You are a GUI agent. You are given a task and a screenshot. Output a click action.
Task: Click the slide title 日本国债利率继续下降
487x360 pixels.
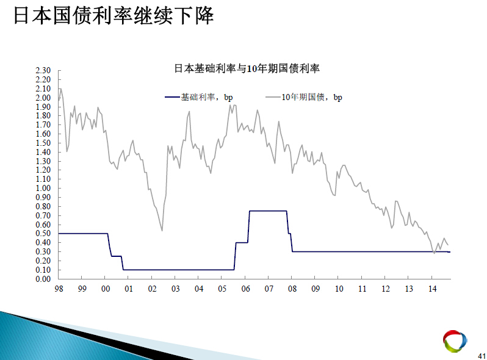point(114,15)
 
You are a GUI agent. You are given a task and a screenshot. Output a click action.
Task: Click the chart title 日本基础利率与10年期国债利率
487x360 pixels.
point(247,68)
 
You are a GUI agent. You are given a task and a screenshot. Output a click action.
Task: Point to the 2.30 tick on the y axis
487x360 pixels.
point(43,71)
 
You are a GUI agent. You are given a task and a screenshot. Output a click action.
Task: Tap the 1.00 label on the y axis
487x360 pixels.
point(43,188)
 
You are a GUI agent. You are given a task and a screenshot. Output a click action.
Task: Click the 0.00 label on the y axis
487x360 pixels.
point(43,279)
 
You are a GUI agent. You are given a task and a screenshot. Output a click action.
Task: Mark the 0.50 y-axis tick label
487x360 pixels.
point(43,234)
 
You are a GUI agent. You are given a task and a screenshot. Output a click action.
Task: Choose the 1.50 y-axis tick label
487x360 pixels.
point(43,143)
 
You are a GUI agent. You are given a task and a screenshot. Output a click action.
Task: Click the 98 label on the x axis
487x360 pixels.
point(59,289)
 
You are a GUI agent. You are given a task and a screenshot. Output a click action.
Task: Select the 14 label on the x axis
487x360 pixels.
point(432,289)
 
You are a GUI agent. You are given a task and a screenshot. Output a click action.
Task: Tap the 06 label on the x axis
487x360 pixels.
point(245,289)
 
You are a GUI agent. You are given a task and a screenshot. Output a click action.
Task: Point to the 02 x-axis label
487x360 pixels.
point(152,289)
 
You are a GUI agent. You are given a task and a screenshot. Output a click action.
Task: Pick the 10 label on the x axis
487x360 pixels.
point(339,289)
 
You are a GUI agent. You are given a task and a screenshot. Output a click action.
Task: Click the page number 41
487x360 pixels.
point(482,356)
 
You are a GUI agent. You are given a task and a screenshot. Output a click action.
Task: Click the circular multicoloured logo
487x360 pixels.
point(455,341)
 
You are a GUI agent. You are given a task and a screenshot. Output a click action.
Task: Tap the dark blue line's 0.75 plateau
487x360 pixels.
point(268,211)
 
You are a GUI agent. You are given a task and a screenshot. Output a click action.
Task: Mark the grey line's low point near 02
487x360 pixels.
point(162,231)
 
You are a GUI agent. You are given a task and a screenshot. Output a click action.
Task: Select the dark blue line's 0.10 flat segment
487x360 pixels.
point(179,270)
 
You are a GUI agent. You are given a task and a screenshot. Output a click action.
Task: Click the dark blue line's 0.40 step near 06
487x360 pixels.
point(242,243)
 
